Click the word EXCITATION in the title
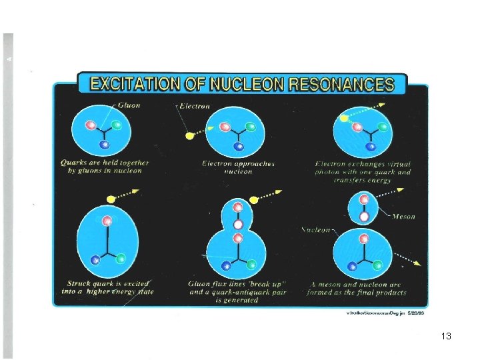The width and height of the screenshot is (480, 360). pyautogui.click(x=133, y=84)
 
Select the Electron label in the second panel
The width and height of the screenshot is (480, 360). pyautogui.click(x=193, y=105)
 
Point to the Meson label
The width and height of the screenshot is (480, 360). pyautogui.click(x=403, y=216)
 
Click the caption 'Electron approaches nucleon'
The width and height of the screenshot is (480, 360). pyautogui.click(x=238, y=167)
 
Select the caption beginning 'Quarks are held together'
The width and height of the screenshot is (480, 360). pyautogui.click(x=105, y=166)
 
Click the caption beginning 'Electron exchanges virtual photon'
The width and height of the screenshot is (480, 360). pyautogui.click(x=363, y=171)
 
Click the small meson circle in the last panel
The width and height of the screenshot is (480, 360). pyautogui.click(x=364, y=207)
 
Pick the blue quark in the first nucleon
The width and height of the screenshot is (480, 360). pyautogui.click(x=104, y=144)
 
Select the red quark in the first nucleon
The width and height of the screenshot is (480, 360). pyautogui.click(x=92, y=125)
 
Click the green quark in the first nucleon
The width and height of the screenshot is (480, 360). pyautogui.click(x=117, y=125)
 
